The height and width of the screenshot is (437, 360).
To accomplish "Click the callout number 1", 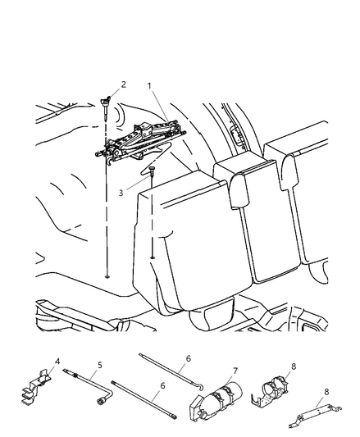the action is [149, 86].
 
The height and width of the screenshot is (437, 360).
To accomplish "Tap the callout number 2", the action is [124, 84].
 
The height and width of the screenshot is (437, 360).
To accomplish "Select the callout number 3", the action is [121, 193].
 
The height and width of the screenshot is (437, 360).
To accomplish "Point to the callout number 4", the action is [57, 362].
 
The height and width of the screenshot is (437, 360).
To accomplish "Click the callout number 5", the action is [100, 365].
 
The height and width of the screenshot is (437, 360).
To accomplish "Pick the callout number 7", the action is [235, 371].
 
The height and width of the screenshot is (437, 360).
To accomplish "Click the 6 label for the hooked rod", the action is [189, 358].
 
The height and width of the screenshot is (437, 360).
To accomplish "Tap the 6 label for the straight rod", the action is [162, 385].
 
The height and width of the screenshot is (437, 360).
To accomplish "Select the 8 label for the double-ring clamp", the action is [294, 366].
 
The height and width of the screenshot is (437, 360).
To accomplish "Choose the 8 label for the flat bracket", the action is [326, 392].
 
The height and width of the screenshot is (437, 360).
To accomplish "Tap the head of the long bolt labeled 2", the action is [105, 102].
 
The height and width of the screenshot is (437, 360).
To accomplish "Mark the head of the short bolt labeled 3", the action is [152, 168].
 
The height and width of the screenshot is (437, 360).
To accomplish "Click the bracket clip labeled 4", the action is [36, 386].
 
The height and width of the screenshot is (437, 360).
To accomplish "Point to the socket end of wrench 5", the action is [101, 402].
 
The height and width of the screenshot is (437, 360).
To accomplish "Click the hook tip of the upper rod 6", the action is [201, 388].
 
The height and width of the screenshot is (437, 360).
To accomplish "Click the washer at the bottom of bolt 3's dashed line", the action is [153, 257].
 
